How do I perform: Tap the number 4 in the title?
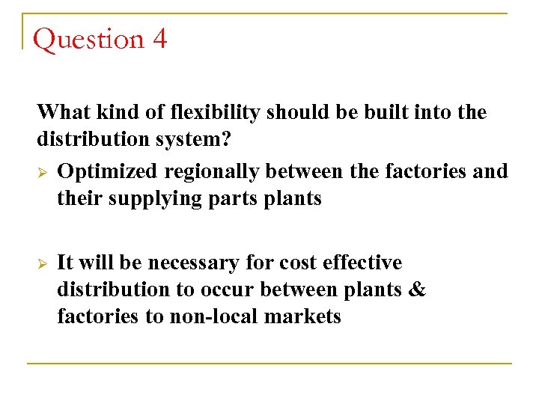coord(159,39)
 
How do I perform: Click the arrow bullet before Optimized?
coord(42,172)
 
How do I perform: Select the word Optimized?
coord(108,171)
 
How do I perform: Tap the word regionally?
coord(212,172)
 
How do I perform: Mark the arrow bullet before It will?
coord(42,263)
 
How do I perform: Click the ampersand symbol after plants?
coord(418,290)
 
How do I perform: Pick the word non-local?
coord(211,316)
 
